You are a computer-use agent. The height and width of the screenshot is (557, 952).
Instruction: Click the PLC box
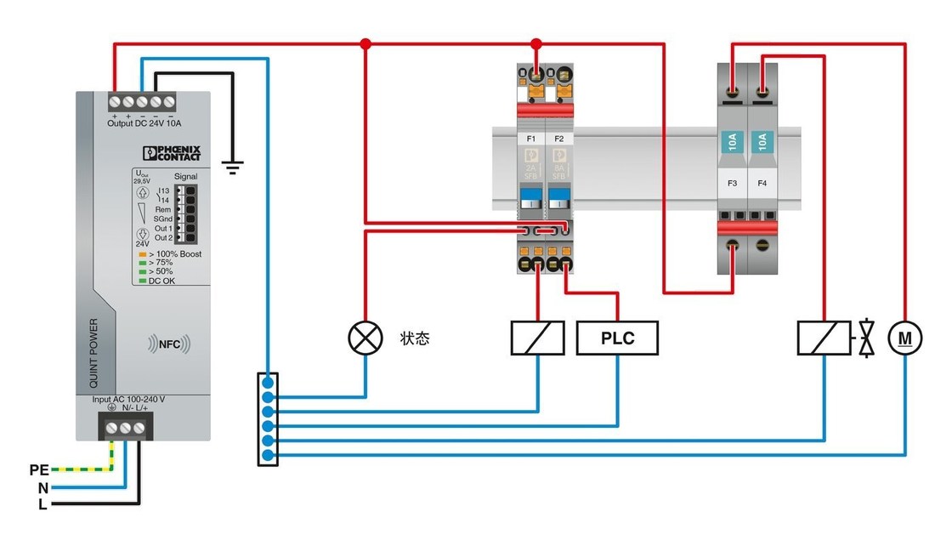click(617, 338)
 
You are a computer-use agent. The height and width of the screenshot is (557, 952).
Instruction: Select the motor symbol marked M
click(905, 338)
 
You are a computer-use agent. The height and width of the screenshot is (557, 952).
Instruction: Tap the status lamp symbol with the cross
click(365, 338)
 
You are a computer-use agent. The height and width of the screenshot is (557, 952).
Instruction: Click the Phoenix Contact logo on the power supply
click(172, 153)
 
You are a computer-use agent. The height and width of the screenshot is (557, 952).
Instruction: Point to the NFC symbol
click(168, 344)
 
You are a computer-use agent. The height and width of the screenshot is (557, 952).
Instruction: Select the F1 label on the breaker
click(531, 138)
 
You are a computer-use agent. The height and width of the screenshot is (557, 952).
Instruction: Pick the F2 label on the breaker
click(558, 138)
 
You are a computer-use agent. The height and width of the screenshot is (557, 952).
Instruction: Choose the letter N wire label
click(42, 487)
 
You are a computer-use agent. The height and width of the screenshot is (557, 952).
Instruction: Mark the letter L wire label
click(42, 504)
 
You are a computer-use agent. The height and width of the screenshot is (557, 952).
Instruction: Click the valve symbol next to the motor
click(866, 338)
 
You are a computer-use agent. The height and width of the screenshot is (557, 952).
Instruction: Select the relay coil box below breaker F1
click(537, 338)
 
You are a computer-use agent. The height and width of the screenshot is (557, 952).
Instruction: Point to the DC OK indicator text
click(161, 281)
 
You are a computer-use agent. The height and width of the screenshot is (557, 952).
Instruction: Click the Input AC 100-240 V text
click(128, 399)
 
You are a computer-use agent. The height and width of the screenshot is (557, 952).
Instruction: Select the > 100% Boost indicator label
click(174, 254)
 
